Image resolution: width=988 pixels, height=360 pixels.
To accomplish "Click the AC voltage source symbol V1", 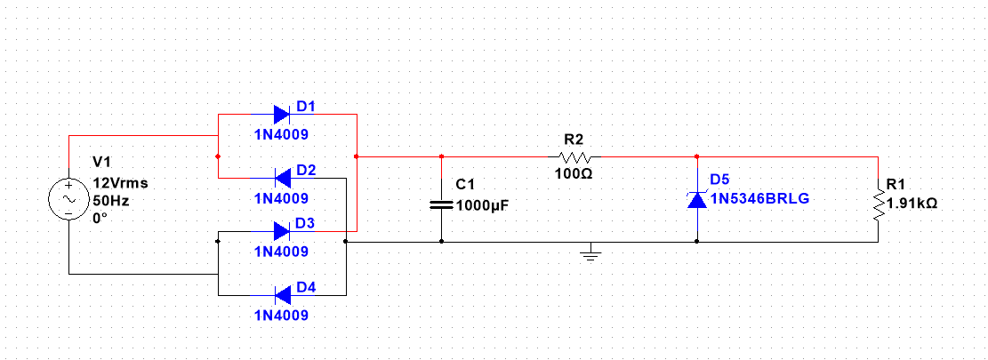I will (68, 201).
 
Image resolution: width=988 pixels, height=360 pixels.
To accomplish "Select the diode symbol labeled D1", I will (281, 114).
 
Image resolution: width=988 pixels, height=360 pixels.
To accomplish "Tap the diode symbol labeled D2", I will (281, 178).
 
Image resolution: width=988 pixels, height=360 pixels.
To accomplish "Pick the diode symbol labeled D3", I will (281, 232).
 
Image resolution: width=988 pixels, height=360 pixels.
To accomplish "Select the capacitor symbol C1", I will (441, 204).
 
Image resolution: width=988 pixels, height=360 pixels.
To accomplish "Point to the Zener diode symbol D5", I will (697, 200).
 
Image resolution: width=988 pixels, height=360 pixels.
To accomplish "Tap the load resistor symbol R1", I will (878, 204).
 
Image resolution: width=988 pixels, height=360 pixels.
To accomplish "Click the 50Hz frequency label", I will (111, 201).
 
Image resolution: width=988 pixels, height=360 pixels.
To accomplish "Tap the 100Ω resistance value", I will (574, 172).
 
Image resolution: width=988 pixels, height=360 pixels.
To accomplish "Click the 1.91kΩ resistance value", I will (912, 203).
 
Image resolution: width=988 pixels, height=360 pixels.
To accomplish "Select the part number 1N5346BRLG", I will (760, 197).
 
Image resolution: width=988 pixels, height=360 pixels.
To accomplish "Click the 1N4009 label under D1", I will (281, 135).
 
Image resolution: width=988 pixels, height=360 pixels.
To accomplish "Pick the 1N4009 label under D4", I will (281, 316).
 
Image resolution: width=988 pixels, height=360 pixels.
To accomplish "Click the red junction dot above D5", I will (697, 156).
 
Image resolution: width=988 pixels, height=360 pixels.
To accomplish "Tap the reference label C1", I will (465, 185).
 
